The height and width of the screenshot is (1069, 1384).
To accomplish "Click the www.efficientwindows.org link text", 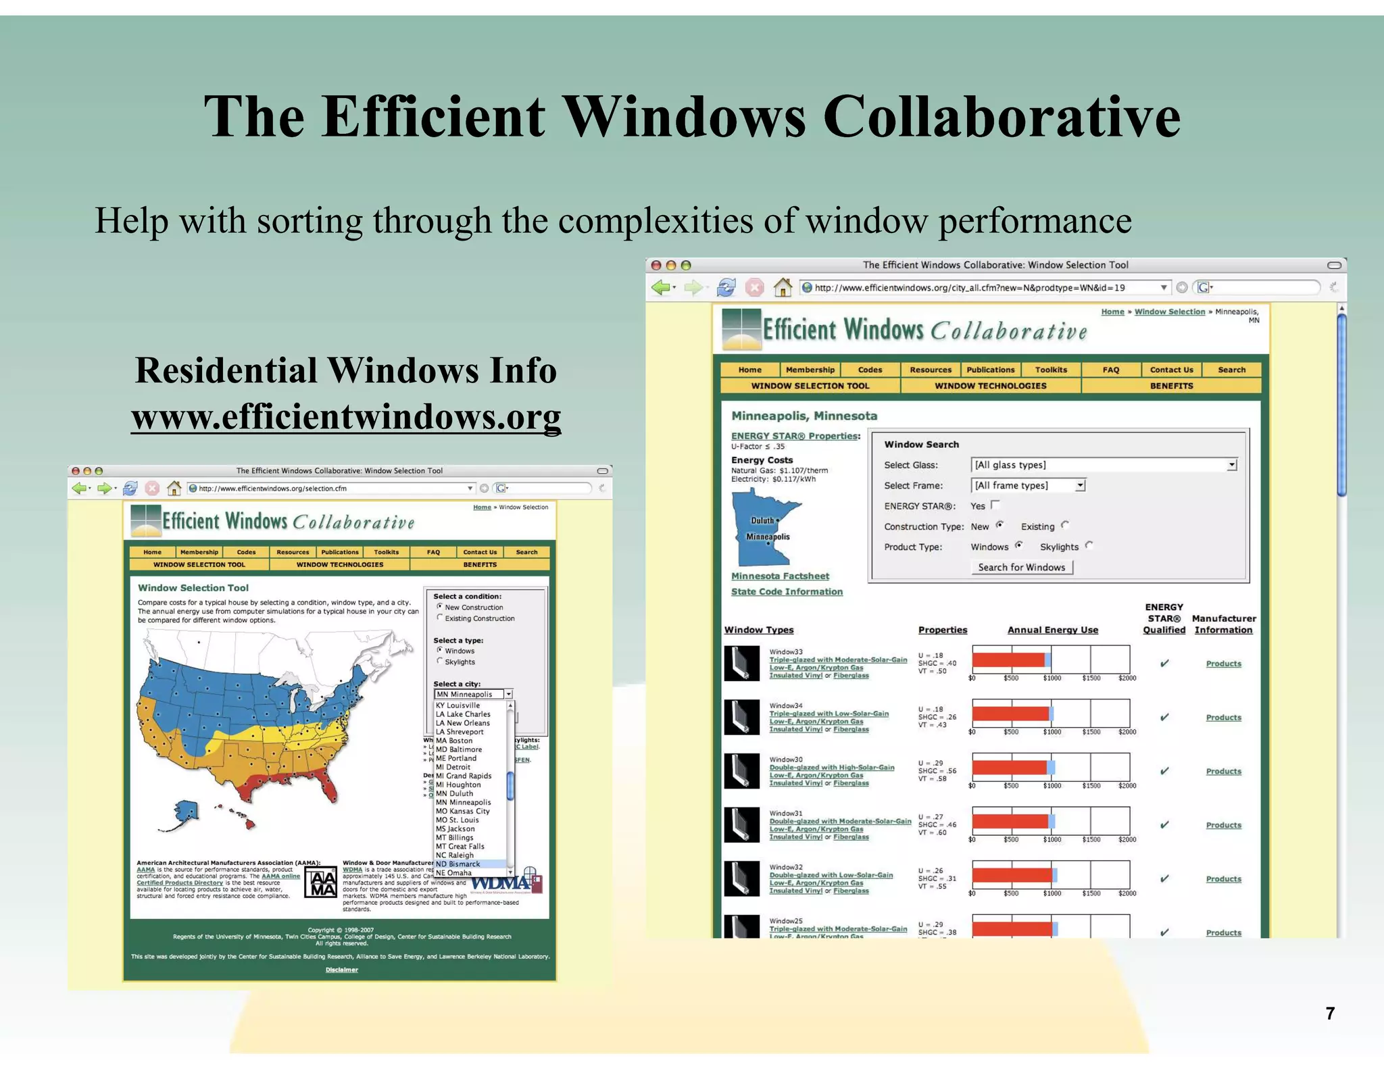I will [346, 416].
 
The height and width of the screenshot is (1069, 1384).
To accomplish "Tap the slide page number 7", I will [1330, 1013].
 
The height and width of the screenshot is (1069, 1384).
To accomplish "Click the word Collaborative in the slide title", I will [1002, 116].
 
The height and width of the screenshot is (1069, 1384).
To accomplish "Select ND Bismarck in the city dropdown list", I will [459, 864].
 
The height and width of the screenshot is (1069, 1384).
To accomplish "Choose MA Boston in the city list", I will [454, 741].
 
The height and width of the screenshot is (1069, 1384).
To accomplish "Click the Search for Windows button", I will [1021, 568].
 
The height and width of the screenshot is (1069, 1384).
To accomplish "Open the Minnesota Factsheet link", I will [780, 576].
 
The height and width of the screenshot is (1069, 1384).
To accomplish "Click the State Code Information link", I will [787, 592].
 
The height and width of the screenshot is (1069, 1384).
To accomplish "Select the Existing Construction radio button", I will [440, 618].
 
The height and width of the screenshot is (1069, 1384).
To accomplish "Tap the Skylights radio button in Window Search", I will [1089, 545].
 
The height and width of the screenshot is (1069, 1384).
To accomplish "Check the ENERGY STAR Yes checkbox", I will [995, 505].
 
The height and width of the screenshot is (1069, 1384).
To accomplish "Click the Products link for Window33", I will [1223, 664].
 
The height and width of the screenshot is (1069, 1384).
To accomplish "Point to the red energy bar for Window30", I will [1009, 767].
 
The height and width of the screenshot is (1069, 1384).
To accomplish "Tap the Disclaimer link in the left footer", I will [342, 970].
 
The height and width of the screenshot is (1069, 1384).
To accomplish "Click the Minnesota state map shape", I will [762, 527].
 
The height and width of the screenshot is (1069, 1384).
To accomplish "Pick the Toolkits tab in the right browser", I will [1051, 370].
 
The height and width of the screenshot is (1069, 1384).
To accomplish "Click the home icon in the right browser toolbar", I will [783, 288].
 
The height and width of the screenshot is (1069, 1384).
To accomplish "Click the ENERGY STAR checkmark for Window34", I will [1164, 717].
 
